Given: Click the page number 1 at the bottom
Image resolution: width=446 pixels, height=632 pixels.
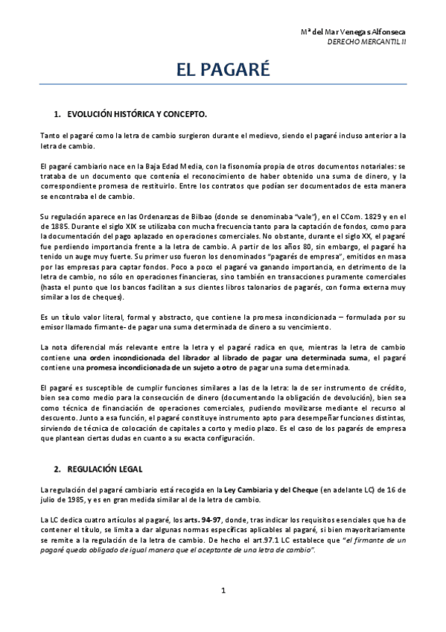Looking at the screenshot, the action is (223, 591).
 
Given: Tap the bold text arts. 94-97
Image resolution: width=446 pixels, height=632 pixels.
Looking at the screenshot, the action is (206, 518).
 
